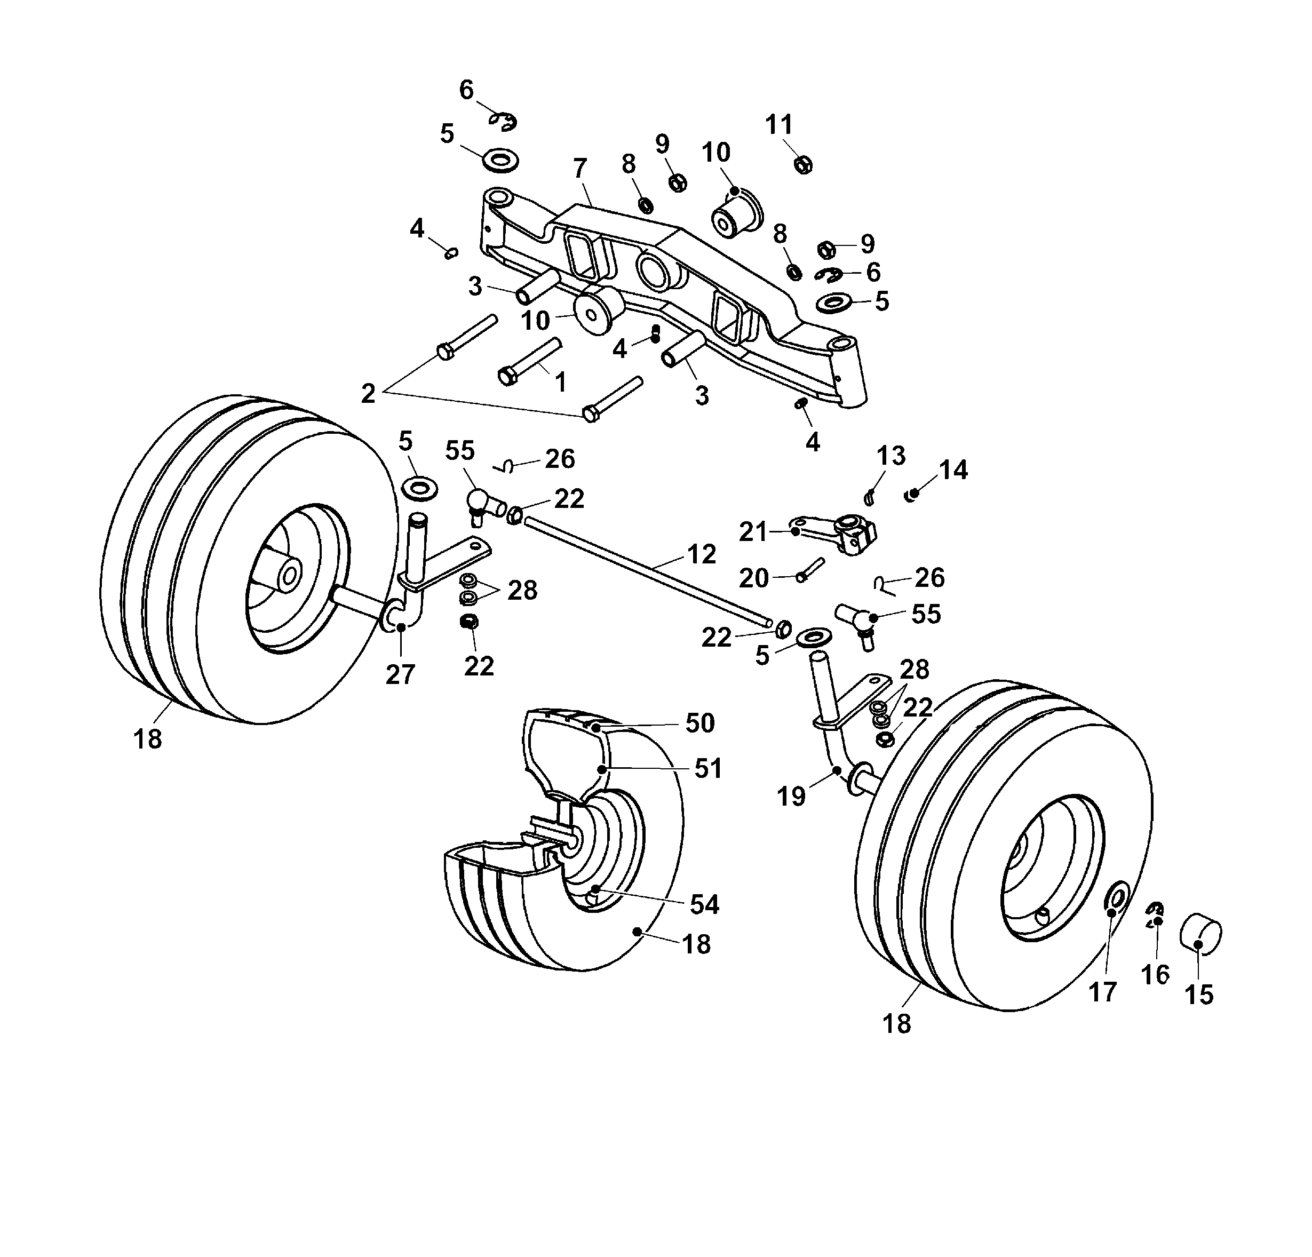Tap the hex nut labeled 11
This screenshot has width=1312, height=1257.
click(x=805, y=163)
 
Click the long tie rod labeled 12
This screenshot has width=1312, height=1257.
click(x=642, y=569)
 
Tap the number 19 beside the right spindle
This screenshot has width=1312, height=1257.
click(x=791, y=797)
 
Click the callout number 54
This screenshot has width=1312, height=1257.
click(x=704, y=905)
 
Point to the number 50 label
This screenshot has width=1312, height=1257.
click(x=700, y=723)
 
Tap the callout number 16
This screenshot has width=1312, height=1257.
click(x=1155, y=975)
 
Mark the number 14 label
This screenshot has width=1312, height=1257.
click(x=953, y=470)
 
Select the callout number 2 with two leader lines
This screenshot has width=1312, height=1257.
click(x=368, y=394)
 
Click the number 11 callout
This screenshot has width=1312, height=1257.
click(x=779, y=124)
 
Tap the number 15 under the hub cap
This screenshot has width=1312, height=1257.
click(x=1199, y=995)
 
